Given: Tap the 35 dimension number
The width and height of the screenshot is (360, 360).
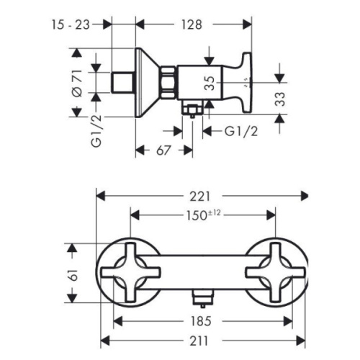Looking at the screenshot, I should tap(210, 81).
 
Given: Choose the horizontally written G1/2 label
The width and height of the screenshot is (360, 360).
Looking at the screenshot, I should tap(240, 130).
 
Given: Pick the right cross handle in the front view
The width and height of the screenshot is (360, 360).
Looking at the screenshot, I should tap(274, 273).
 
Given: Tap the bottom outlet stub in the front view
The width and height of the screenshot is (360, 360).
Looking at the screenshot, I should tap(202, 297).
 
